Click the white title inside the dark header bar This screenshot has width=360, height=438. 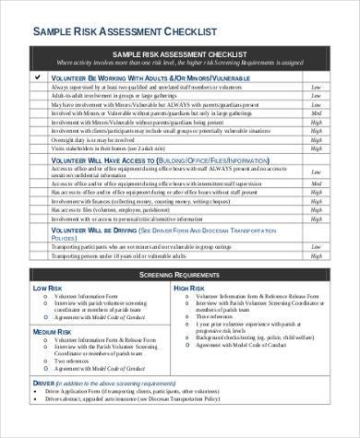point(179,55)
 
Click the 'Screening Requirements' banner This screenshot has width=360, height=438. point(179,276)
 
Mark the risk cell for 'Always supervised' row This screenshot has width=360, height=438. point(317,87)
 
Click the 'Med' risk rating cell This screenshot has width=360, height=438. point(317,183)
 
